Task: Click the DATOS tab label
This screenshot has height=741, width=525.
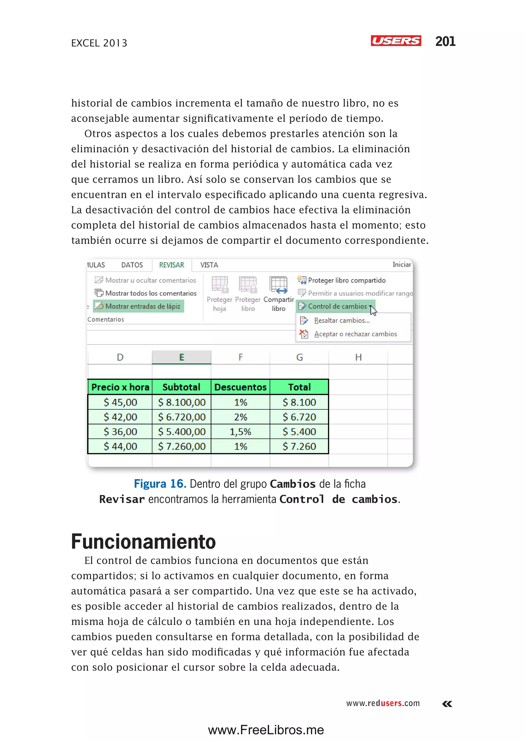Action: [x=132, y=265]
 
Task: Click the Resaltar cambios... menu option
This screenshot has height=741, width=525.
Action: [x=342, y=321]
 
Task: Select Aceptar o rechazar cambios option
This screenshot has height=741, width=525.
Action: [x=355, y=334]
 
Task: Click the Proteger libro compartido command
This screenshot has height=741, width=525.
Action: [x=346, y=280]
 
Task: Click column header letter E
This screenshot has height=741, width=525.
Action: [x=181, y=357]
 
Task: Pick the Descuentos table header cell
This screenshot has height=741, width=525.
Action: [x=240, y=387]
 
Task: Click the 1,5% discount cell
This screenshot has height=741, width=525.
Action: [x=240, y=432]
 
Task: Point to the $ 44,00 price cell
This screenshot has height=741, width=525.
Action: [x=120, y=446]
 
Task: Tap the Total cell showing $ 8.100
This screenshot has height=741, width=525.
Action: [x=299, y=402]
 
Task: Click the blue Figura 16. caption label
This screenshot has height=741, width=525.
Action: [x=160, y=484]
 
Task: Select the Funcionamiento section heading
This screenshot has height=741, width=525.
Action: [x=143, y=542]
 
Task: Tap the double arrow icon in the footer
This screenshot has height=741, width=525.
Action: [x=447, y=704]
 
